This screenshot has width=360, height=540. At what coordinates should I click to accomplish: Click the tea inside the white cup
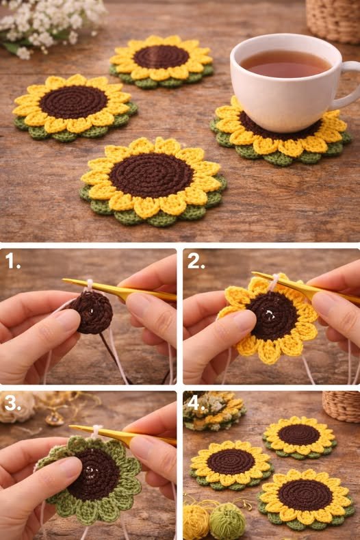click(285, 64)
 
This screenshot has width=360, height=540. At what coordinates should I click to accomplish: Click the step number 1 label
click(12, 261)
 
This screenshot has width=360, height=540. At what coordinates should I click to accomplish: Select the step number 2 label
click(196, 261)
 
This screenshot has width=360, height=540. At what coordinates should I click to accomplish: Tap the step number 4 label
click(195, 403)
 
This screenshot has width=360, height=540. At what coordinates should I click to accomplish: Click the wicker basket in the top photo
click(333, 19)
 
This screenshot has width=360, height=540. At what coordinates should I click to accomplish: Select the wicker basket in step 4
click(341, 406)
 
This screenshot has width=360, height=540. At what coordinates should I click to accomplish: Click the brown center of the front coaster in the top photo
click(151, 175)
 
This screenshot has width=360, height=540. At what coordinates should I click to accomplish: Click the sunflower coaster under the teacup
click(281, 138)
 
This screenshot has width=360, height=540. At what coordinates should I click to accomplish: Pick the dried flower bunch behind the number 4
click(214, 411)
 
